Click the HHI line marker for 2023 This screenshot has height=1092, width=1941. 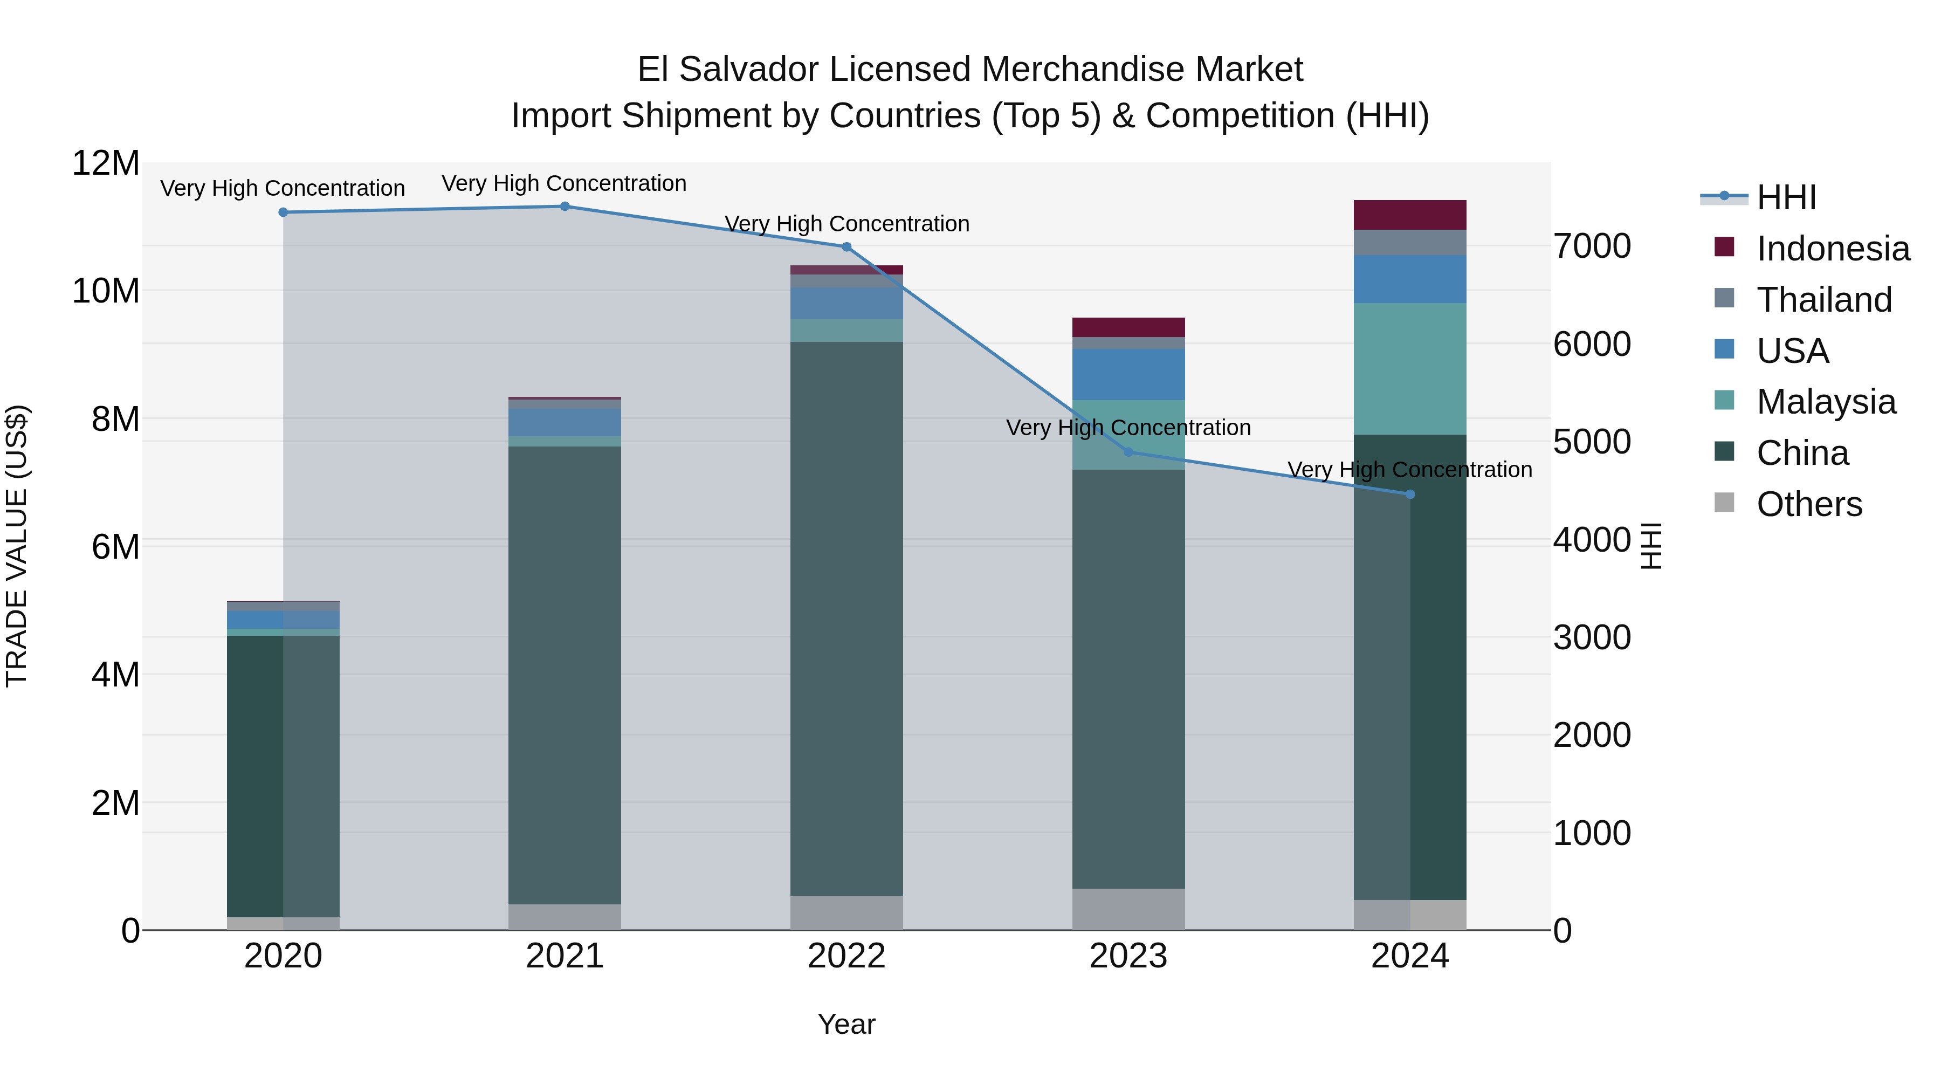tap(1128, 452)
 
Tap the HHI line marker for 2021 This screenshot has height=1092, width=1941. tap(565, 207)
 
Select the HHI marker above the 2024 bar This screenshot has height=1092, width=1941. tap(1410, 495)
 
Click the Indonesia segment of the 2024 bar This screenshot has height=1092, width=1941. tap(1410, 215)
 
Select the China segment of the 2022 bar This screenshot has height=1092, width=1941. tap(846, 618)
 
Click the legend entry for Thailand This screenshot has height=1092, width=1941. tap(1823, 300)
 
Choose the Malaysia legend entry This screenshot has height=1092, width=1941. tap(1826, 402)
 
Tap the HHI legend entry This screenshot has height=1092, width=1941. tap(1786, 197)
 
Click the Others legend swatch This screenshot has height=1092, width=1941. tap(1724, 503)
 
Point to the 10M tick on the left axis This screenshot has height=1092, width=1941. tap(106, 291)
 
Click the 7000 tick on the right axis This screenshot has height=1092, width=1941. tap(1592, 246)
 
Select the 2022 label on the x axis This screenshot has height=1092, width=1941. tap(846, 956)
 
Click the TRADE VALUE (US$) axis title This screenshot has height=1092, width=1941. tap(17, 546)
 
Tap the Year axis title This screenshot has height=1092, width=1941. tap(846, 1024)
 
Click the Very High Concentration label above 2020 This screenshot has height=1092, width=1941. tap(283, 188)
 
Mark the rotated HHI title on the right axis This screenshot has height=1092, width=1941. tap(1650, 546)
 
